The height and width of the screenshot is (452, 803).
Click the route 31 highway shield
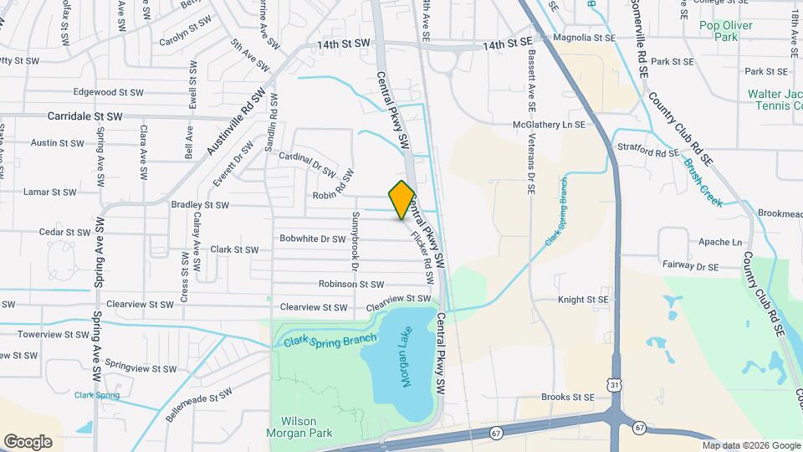tap(615, 384)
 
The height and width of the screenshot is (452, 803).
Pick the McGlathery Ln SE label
tap(549, 125)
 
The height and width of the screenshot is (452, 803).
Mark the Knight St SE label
tap(583, 299)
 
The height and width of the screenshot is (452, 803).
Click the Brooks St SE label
tap(567, 397)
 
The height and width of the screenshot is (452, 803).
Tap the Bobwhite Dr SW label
tap(312, 239)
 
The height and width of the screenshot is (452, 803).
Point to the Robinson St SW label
tap(350, 285)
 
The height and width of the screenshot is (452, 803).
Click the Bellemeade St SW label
tap(197, 404)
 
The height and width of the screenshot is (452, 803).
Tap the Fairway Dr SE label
tap(689, 267)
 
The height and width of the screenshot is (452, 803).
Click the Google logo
tap(28, 441)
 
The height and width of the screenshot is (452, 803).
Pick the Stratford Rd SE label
tap(648, 153)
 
